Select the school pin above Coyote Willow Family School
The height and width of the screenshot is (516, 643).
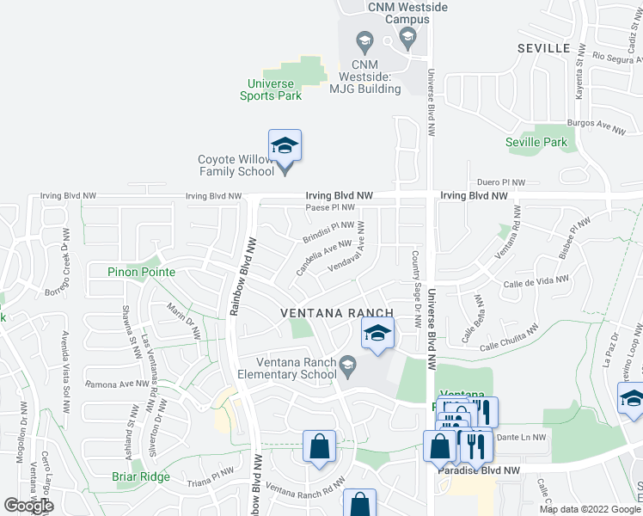point(285,145)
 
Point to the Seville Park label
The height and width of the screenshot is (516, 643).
point(536,142)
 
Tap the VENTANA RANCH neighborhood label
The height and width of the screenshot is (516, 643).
point(337,313)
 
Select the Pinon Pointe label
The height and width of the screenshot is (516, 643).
point(142,272)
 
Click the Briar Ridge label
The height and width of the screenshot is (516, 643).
point(141,476)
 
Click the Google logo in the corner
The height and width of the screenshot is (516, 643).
point(28,507)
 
